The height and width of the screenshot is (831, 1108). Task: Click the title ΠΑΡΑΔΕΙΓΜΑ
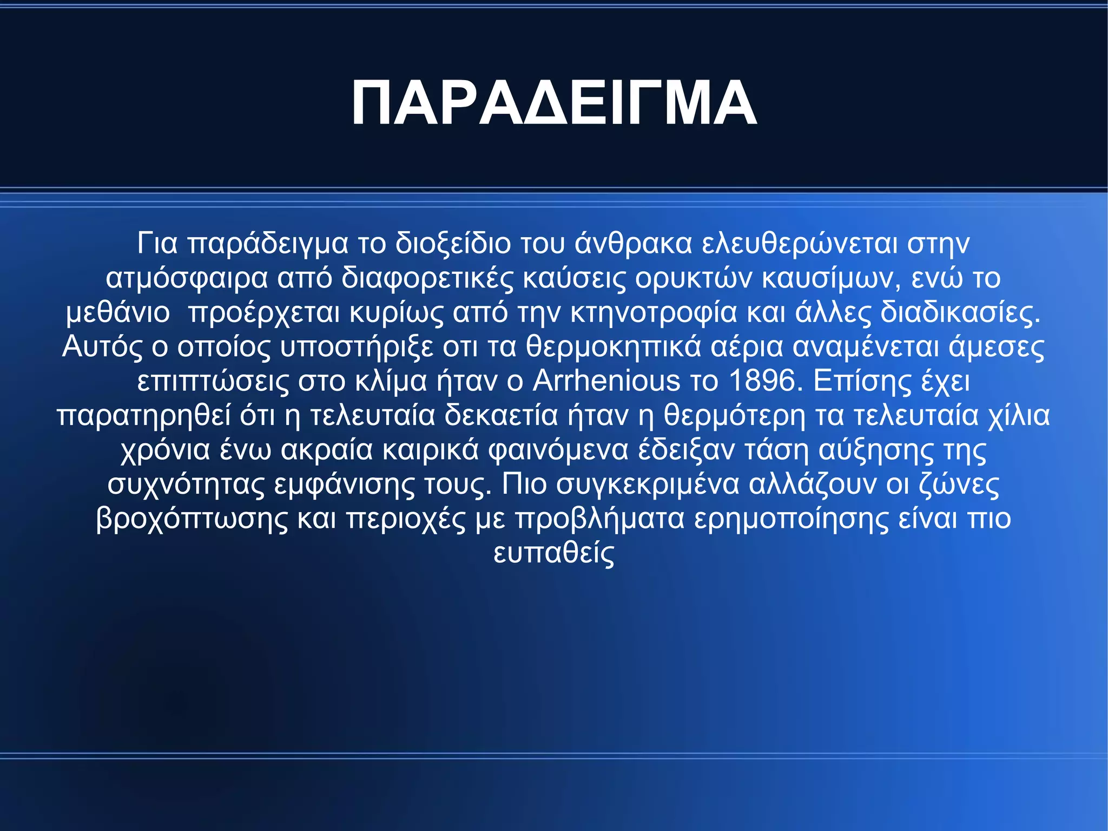(x=553, y=103)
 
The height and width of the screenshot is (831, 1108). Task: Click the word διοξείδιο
(x=453, y=244)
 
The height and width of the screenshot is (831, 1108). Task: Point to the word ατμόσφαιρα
(x=187, y=278)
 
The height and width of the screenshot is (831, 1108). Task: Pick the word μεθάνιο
(x=117, y=313)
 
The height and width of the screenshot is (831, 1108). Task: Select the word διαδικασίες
(x=960, y=313)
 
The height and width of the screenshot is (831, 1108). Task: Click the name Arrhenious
(x=606, y=381)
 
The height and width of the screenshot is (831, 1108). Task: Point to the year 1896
(x=763, y=381)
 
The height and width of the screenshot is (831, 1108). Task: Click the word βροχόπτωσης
(x=192, y=519)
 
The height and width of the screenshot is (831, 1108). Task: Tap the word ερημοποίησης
(x=791, y=519)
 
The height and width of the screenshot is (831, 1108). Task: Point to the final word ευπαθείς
(x=554, y=553)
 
